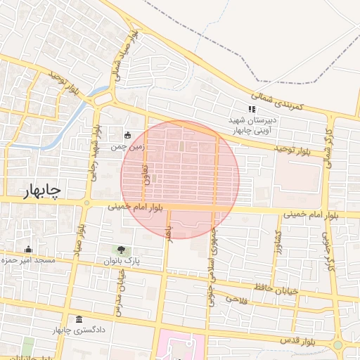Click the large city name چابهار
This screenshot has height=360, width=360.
click(x=34, y=190)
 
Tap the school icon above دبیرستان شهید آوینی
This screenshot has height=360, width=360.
click(x=252, y=109)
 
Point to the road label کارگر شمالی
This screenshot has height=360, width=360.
click(x=327, y=147)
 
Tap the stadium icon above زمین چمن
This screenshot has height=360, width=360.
click(x=127, y=134)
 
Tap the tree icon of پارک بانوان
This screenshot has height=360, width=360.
click(x=123, y=250)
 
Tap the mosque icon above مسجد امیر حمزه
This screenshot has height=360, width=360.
click(x=28, y=249)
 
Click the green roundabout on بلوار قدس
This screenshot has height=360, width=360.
click(x=337, y=345)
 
